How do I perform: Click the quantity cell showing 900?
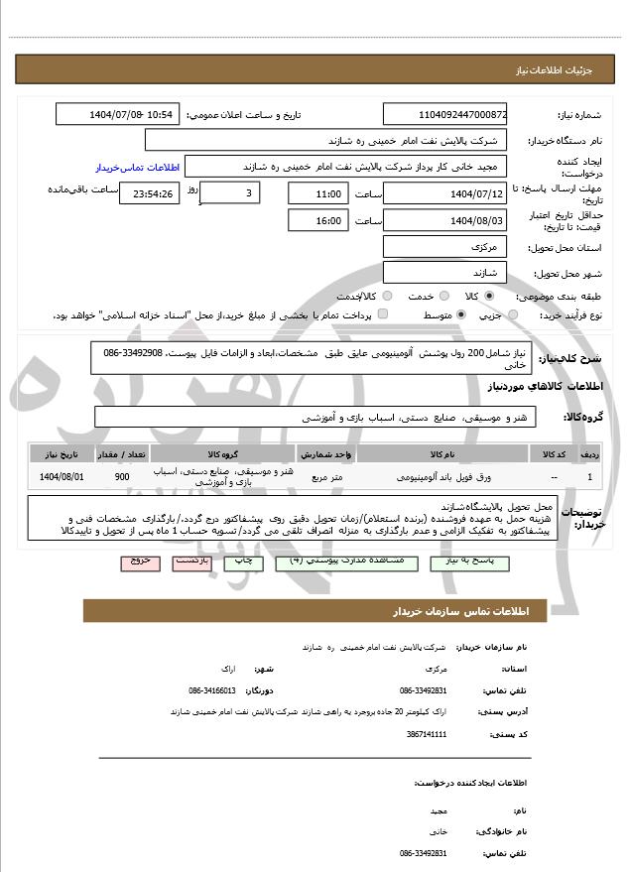122,477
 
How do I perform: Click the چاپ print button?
242,561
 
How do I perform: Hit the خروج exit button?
140,561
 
